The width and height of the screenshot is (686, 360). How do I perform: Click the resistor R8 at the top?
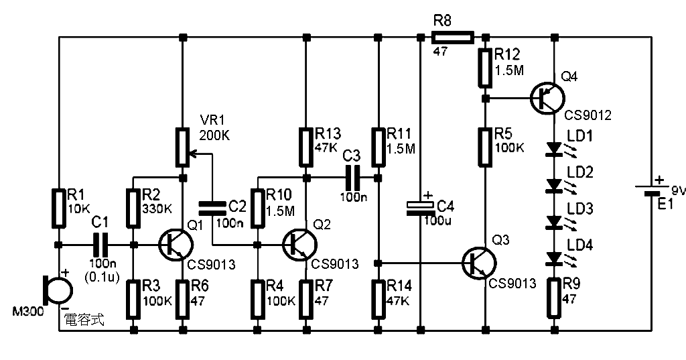point(453,37)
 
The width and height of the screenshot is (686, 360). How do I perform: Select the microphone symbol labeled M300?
point(56,288)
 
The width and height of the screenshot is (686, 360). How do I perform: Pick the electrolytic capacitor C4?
point(420,207)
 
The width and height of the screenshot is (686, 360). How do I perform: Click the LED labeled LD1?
point(554,148)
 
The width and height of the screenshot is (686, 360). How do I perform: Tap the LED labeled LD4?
point(554,258)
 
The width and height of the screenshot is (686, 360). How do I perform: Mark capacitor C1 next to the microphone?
point(100,245)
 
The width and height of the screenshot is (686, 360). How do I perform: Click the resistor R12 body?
point(485,68)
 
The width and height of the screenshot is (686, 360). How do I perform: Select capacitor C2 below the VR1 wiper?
point(213,208)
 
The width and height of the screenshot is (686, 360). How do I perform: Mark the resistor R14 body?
point(379,296)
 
